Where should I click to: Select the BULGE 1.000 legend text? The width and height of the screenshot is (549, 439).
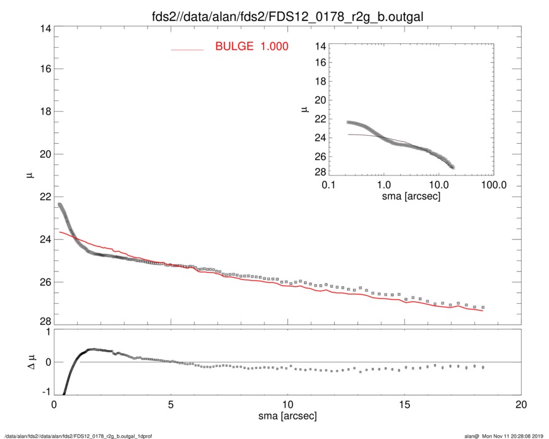[251, 47]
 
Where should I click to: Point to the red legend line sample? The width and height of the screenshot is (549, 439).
[187, 49]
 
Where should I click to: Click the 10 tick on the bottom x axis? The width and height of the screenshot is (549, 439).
[287, 404]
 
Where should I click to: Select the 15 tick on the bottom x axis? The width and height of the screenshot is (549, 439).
[404, 404]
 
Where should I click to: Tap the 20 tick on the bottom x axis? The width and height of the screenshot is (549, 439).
[521, 404]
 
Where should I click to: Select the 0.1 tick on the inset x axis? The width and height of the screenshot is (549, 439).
[329, 185]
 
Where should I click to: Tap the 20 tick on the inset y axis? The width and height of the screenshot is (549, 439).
[320, 100]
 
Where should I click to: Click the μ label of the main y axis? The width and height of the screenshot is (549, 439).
[29, 175]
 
